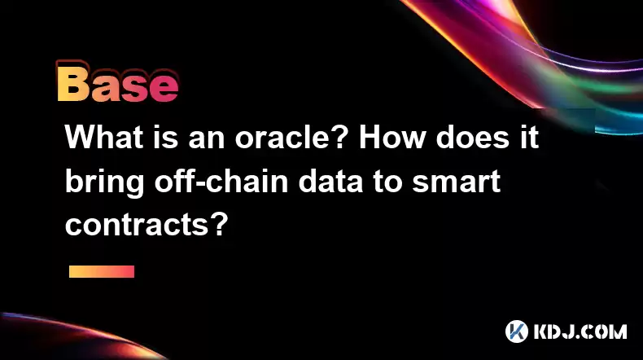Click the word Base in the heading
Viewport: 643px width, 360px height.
[117, 82]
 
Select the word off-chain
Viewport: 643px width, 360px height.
[221, 181]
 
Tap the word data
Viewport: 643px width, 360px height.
[330, 181]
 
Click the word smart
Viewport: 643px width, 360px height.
[456, 182]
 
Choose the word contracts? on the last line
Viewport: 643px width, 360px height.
[147, 226]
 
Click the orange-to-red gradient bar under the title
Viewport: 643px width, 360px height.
[102, 271]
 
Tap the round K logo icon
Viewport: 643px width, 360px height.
[516, 331]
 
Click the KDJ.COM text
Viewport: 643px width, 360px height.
[580, 331]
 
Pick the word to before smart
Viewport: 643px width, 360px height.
[387, 182]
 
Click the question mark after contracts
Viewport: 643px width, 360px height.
[220, 225]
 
